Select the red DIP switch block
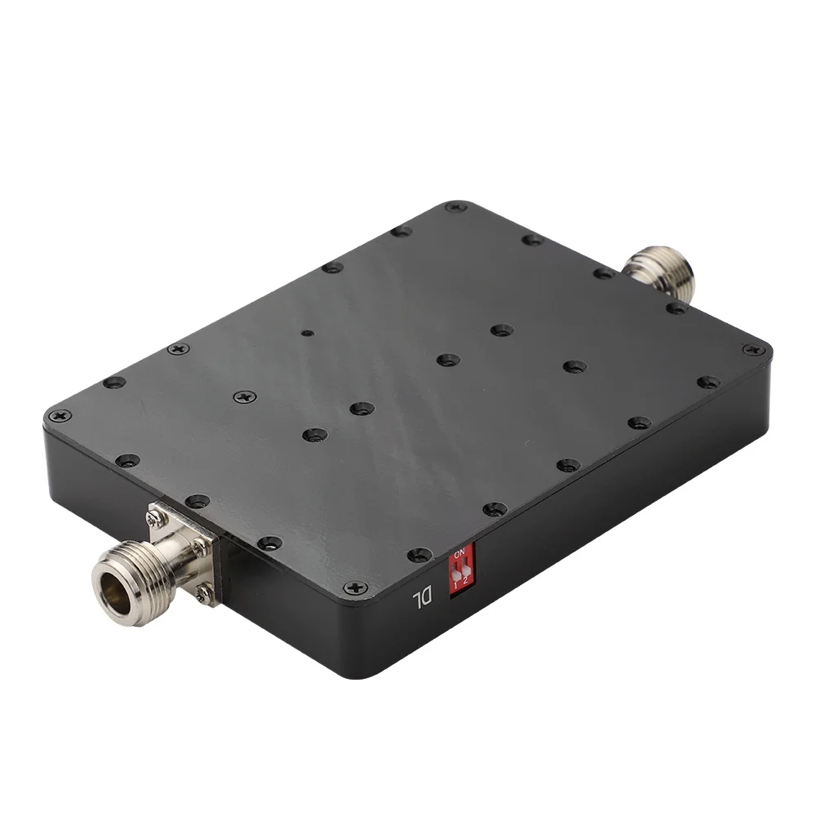(x=459, y=574)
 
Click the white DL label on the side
(x=421, y=602)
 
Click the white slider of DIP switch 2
(x=465, y=570)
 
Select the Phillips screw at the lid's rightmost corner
(x=754, y=349)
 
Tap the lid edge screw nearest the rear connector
(x=604, y=273)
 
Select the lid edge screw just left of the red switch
(x=419, y=555)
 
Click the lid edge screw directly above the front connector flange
(x=197, y=500)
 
